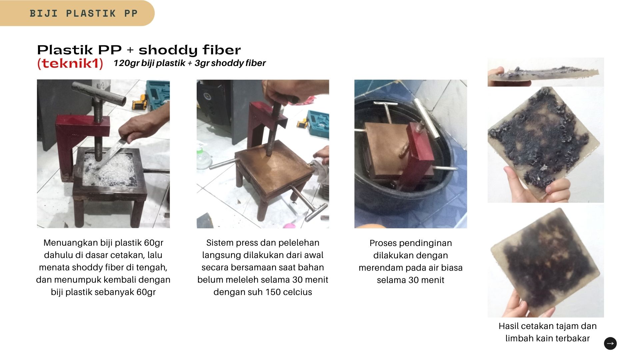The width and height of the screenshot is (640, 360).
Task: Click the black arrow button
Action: pyautogui.click(x=610, y=343)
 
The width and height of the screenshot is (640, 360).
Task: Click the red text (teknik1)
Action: pyautogui.click(x=70, y=63)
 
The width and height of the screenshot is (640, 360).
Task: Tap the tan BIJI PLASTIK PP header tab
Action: pyautogui.click(x=77, y=13)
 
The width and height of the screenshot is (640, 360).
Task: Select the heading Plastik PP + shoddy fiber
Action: pyautogui.click(x=139, y=50)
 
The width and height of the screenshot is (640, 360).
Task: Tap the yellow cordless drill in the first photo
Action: pyautogui.click(x=140, y=101)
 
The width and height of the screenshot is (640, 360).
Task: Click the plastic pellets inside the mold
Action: pyautogui.click(x=110, y=168)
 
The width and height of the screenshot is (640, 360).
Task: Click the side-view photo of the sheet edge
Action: pyautogui.click(x=546, y=72)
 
